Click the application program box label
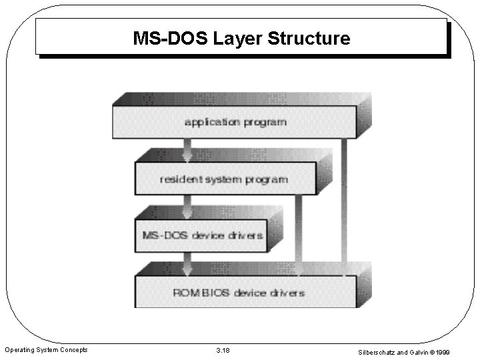(235, 122)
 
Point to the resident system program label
(224, 179)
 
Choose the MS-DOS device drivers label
(203, 235)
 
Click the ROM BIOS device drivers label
(239, 292)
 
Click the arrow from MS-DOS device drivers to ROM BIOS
(188, 263)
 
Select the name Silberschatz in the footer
(378, 351)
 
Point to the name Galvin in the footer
(426, 351)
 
